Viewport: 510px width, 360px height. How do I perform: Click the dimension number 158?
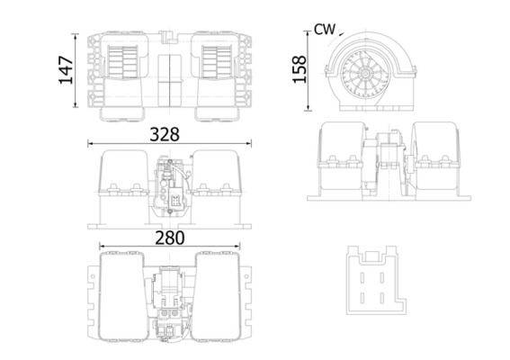[300, 68]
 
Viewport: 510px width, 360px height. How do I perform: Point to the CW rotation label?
[324, 30]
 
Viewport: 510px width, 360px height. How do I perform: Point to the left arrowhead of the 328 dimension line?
[89, 144]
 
